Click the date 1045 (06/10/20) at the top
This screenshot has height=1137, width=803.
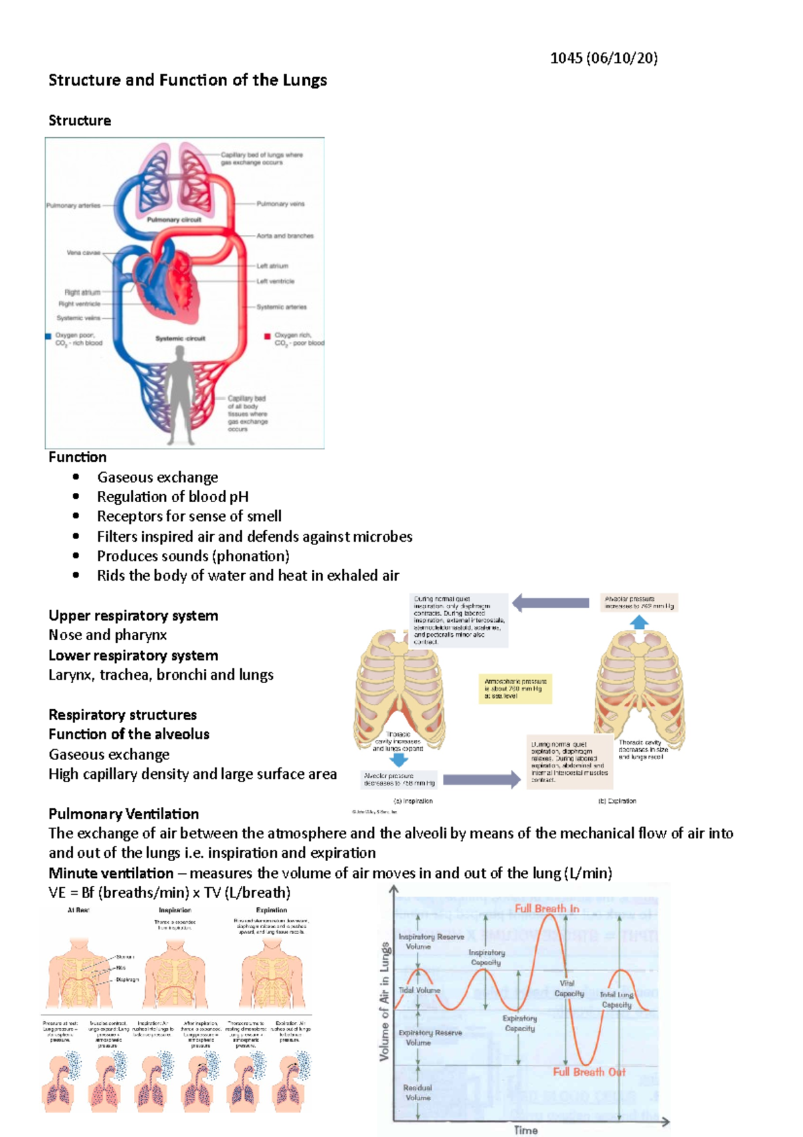(x=604, y=58)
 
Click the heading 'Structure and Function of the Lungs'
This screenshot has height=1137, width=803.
(x=187, y=80)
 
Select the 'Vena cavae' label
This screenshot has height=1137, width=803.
(x=83, y=253)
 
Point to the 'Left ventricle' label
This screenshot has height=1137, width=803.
(x=276, y=281)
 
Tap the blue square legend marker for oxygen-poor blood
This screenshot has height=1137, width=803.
(x=48, y=336)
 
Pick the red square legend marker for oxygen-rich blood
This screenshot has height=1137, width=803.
(x=267, y=336)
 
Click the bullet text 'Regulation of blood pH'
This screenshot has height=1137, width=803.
(x=173, y=497)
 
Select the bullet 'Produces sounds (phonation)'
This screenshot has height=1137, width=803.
(x=193, y=556)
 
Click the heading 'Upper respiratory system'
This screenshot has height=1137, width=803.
(x=133, y=615)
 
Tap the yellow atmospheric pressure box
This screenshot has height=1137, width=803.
(x=515, y=688)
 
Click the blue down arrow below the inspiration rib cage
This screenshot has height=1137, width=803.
(x=399, y=759)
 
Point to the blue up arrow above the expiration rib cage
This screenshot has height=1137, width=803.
(x=639, y=622)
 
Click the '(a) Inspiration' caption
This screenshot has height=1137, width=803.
(x=414, y=801)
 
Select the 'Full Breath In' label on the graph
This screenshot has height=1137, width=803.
(x=547, y=909)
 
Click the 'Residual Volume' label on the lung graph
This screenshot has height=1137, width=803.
(x=418, y=1092)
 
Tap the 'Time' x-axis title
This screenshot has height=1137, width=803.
(x=526, y=1130)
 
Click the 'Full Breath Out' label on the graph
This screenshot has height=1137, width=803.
(x=589, y=1072)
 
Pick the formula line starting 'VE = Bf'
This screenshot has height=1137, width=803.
(x=169, y=893)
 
